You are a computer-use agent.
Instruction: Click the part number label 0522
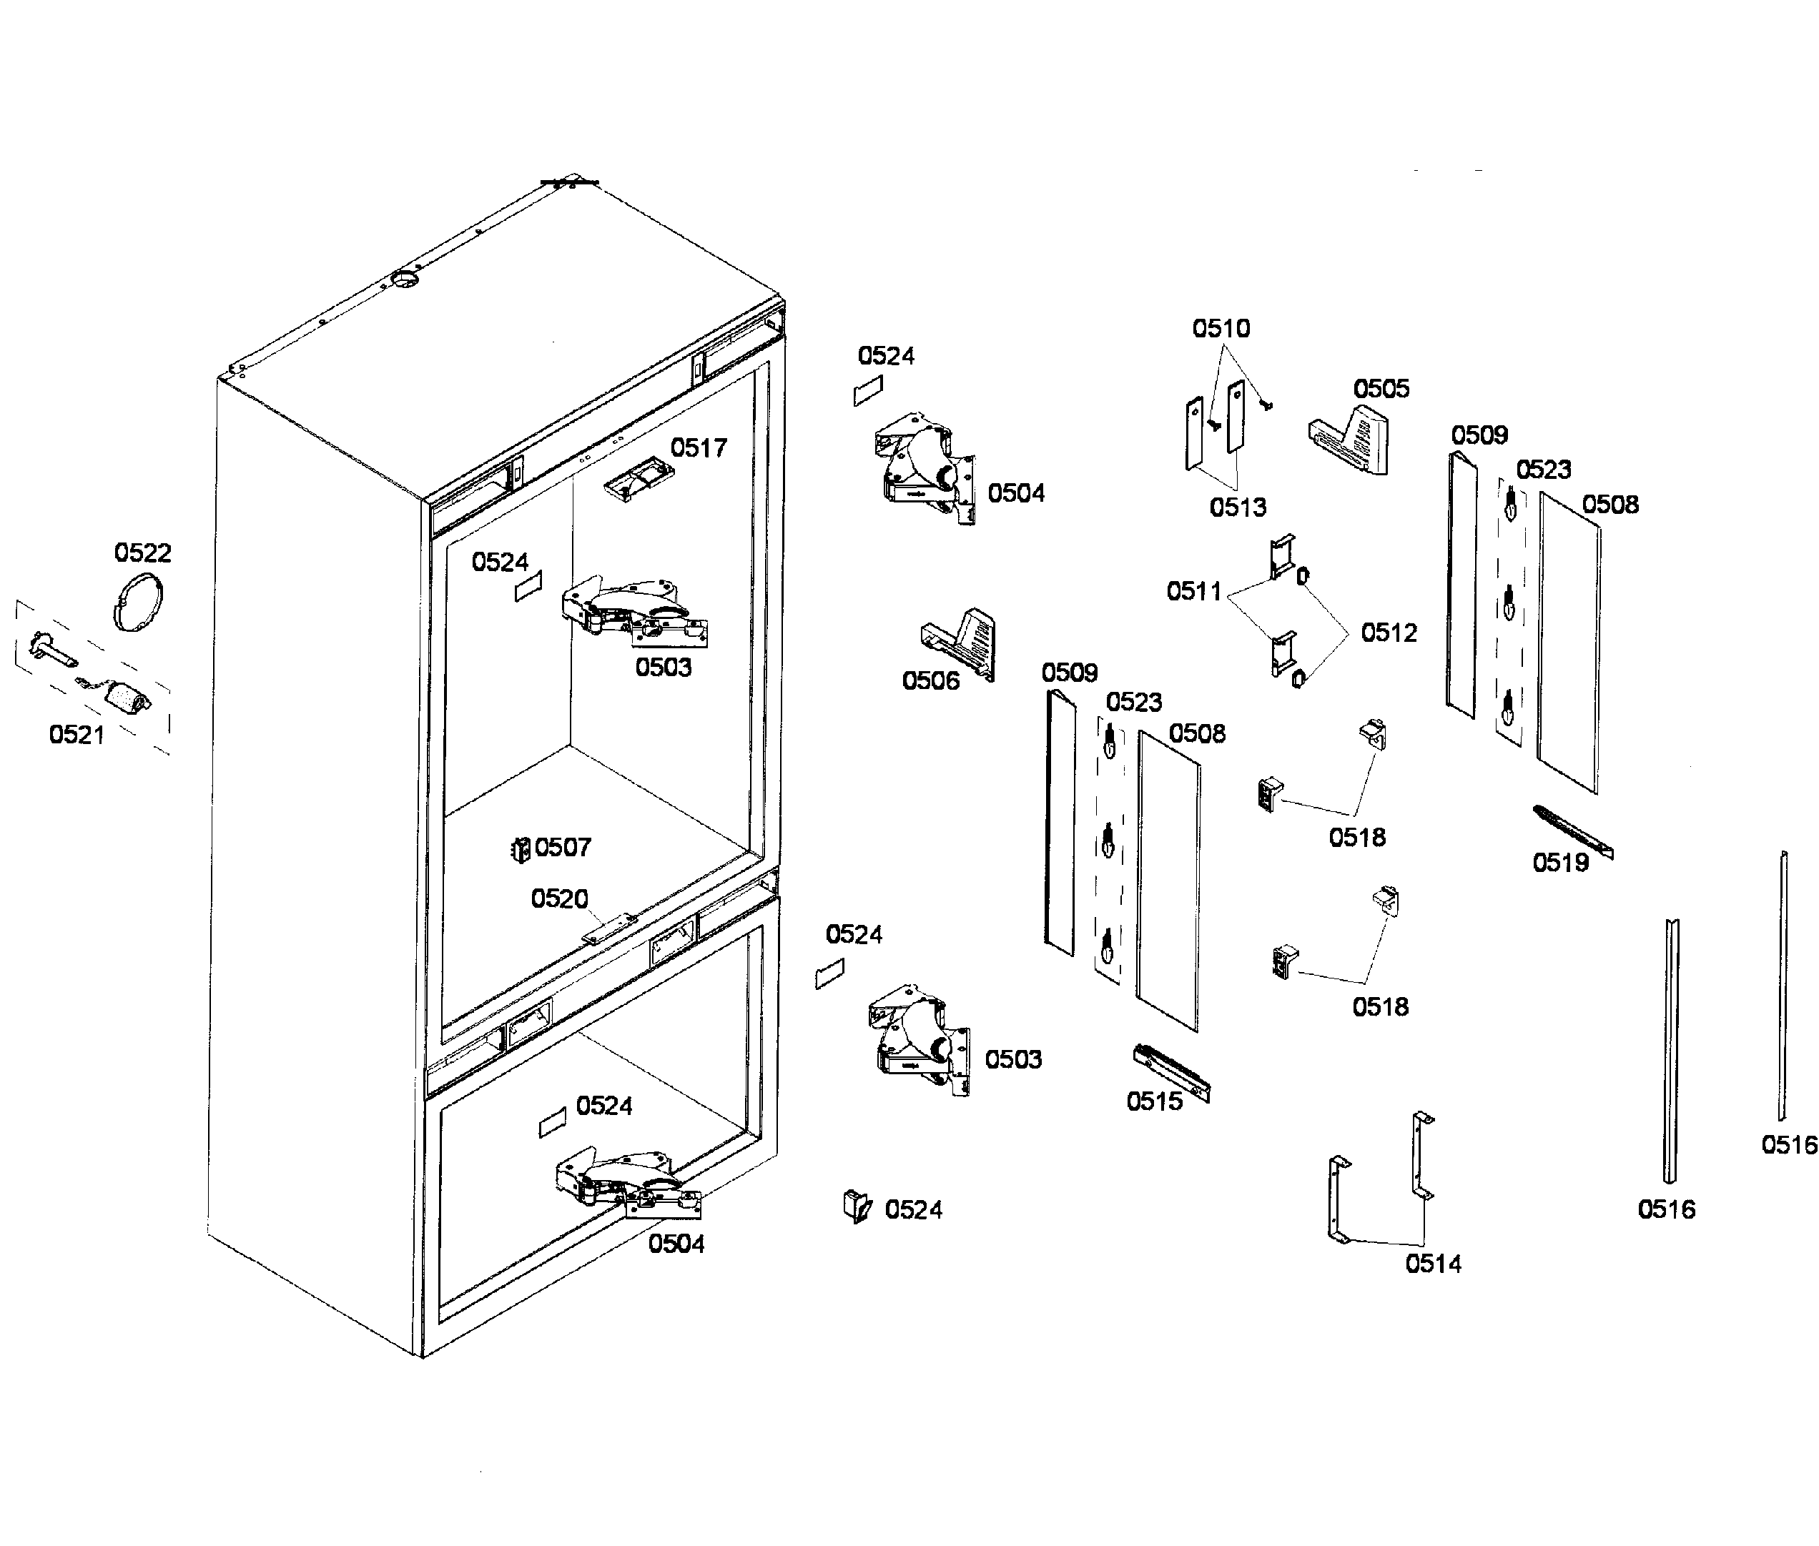coord(142,553)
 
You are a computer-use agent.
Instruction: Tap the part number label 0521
coord(77,735)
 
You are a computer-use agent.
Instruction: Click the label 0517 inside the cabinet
coord(698,448)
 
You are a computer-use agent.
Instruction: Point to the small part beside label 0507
coord(521,849)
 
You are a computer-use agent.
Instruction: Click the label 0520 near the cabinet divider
coord(559,898)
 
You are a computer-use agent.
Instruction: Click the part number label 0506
coord(930,681)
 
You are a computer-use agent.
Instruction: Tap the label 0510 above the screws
coord(1221,329)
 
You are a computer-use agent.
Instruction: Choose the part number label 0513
coord(1237,507)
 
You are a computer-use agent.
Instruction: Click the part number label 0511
coord(1193,592)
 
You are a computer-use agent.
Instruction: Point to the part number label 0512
coord(1388,633)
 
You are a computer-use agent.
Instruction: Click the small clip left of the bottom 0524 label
coord(857,1206)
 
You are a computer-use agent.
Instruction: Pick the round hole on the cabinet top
coord(405,279)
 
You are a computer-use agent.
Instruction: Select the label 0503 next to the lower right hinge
coord(1012,1059)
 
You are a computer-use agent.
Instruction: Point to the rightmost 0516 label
coord(1788,1144)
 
